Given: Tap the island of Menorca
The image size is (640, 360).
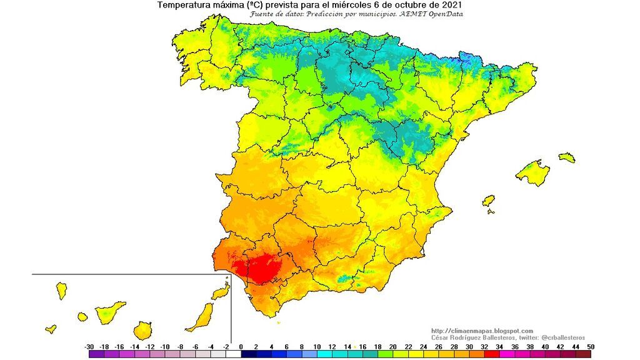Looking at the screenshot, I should [567, 157].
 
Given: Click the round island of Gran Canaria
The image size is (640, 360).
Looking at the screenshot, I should [143, 329].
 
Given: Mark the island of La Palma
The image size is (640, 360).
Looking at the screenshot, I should [61, 290].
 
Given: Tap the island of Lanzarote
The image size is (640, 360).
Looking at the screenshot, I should [219, 292].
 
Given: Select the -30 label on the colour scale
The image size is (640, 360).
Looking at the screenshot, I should [89, 346].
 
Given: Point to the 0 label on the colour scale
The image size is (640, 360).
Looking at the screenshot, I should [241, 346].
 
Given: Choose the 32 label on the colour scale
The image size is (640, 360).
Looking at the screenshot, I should [484, 346].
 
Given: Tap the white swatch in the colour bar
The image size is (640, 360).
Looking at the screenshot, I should [234, 354].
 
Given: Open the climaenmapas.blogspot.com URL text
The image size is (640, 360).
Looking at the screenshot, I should [482, 331].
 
